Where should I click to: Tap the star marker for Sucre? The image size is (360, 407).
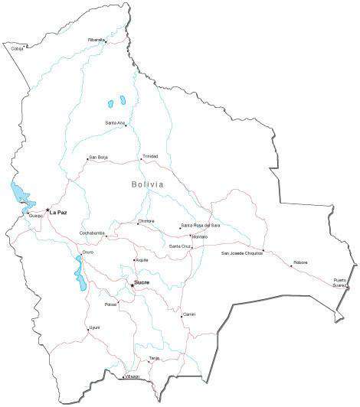click(132, 286)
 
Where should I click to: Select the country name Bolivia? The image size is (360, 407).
click(147, 184)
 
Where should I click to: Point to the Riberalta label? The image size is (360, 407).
click(97, 39)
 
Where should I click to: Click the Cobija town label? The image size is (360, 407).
click(17, 48)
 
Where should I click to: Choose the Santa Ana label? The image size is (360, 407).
click(115, 122)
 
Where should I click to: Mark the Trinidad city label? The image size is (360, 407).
click(149, 156)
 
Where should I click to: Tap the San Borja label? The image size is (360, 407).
click(99, 158)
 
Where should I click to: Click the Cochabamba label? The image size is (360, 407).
click(92, 233)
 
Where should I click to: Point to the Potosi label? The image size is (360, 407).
click(111, 304)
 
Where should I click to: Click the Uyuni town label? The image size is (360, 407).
click(95, 327)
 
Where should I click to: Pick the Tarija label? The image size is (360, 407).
click(154, 357)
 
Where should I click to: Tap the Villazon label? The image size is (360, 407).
click(133, 376)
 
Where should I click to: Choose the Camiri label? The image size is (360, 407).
click(188, 314)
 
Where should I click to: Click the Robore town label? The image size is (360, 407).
click(300, 262)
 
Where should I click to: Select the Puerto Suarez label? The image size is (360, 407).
click(340, 282)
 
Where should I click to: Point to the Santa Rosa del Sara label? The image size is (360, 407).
click(201, 226)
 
